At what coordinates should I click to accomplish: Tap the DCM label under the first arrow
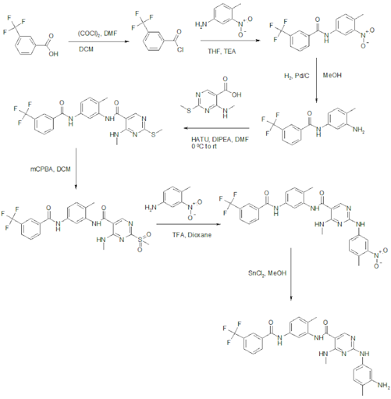87,48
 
